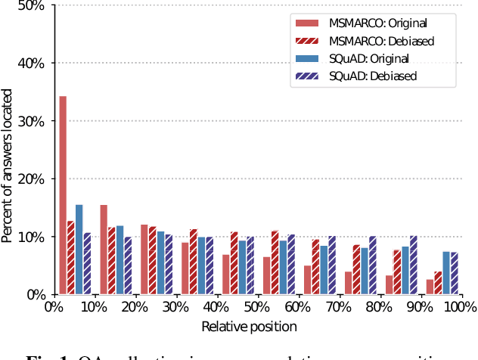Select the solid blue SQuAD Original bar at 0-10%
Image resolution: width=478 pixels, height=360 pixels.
click(x=79, y=250)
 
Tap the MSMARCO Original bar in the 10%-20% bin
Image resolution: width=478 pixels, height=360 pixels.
click(x=104, y=250)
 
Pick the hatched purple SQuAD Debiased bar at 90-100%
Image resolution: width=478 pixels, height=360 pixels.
click(x=454, y=273)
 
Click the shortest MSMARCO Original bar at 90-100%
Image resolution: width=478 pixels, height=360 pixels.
click(x=430, y=287)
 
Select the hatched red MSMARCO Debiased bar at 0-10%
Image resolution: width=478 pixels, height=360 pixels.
click(x=71, y=257)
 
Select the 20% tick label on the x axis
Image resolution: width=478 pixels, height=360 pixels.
click(x=135, y=308)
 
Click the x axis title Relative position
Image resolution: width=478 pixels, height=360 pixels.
click(x=249, y=327)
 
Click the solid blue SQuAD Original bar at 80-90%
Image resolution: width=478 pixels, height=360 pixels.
click(x=405, y=270)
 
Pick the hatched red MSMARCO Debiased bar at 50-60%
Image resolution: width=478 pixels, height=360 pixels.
click(x=275, y=262)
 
